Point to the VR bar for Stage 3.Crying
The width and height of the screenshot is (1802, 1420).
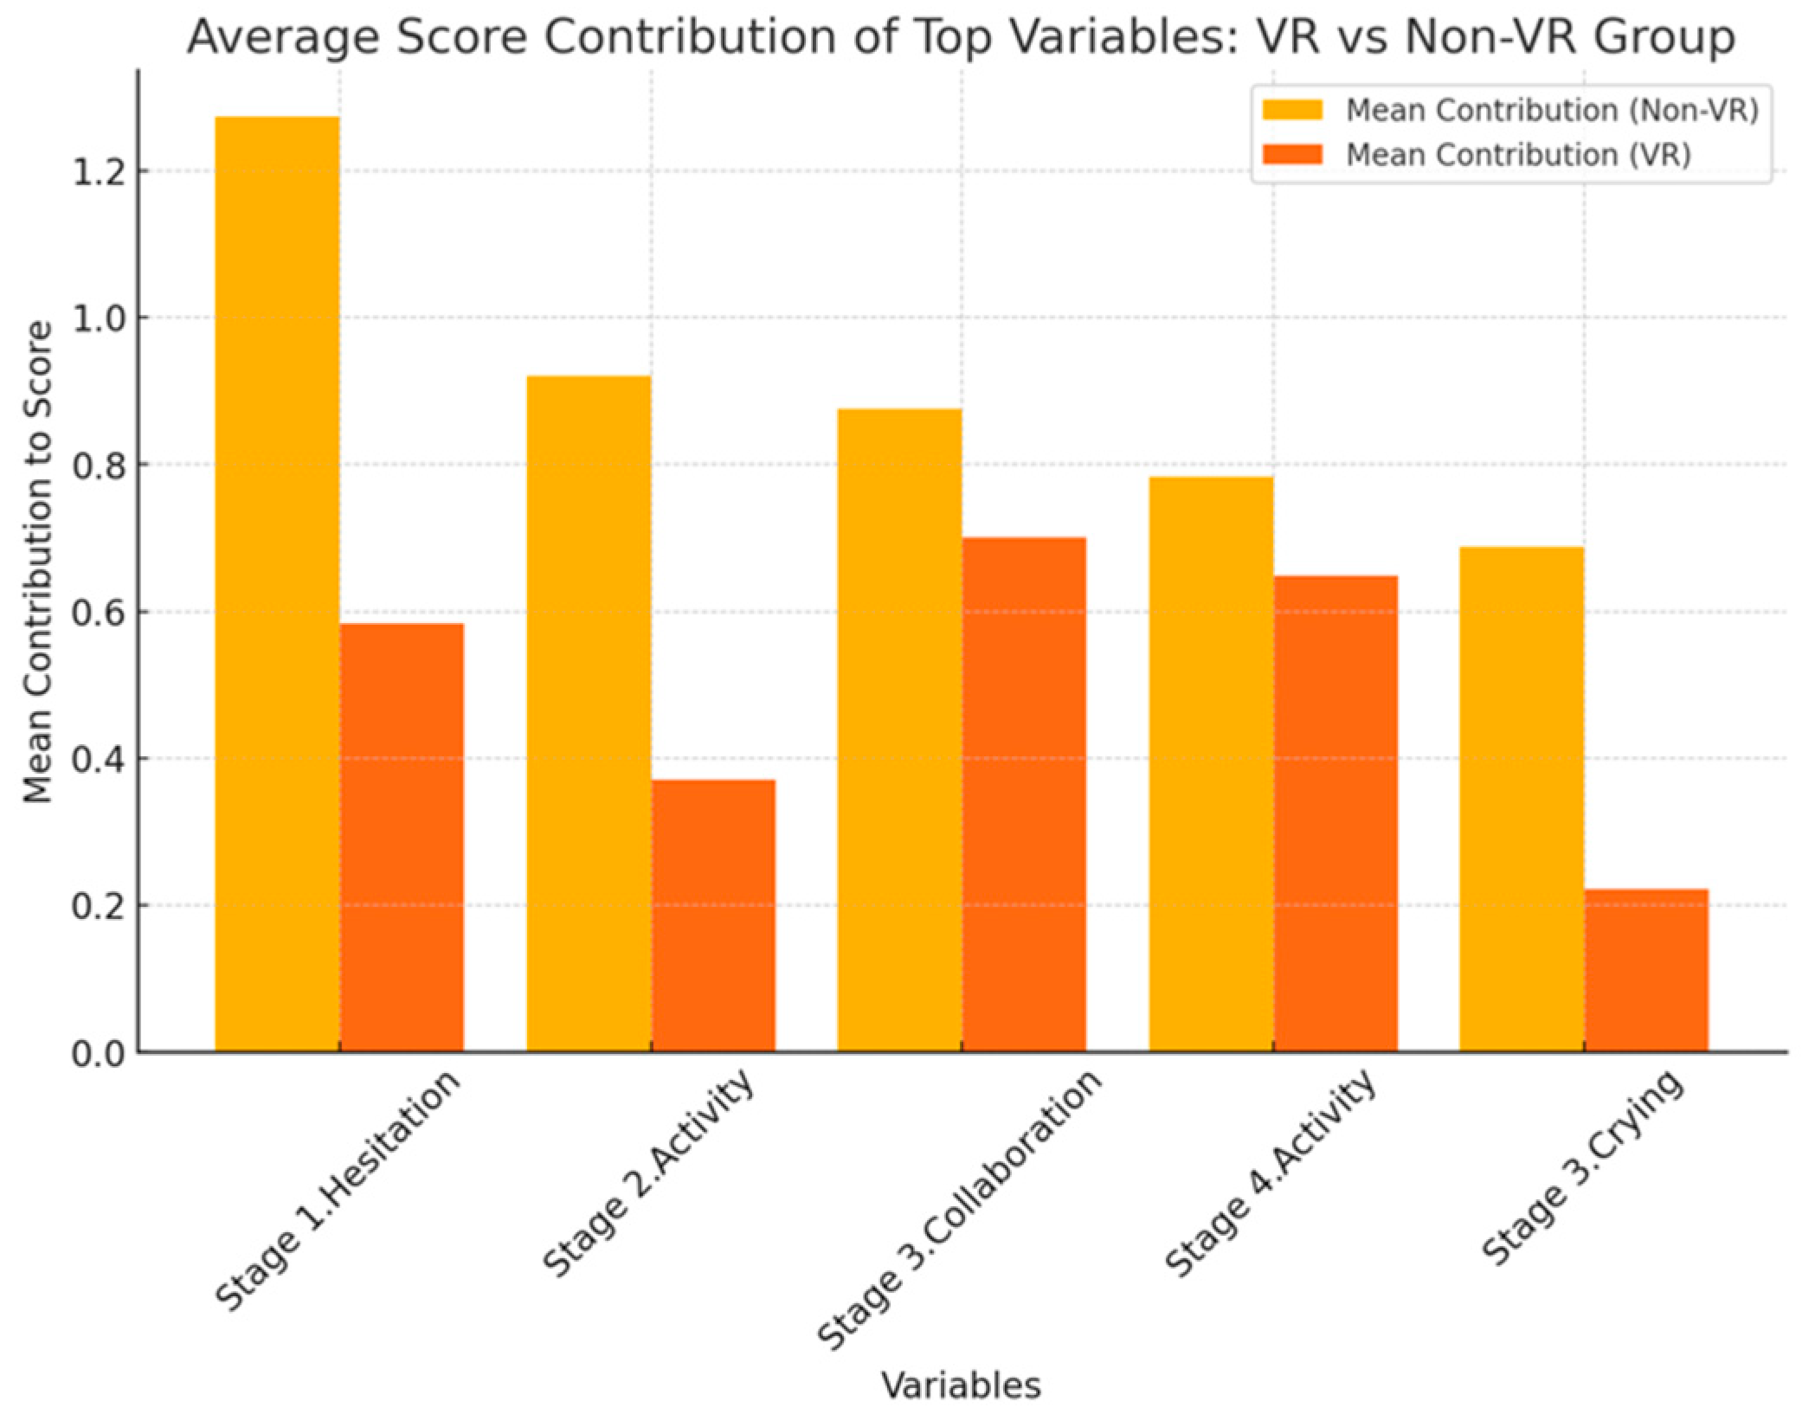tap(1646, 970)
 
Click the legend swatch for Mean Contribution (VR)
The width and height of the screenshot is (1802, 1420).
tap(1292, 155)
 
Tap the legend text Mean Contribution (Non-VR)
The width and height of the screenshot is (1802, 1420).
tap(1552, 111)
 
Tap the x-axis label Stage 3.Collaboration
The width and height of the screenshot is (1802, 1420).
tap(959, 1211)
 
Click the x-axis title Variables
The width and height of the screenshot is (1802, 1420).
tap(961, 1385)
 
